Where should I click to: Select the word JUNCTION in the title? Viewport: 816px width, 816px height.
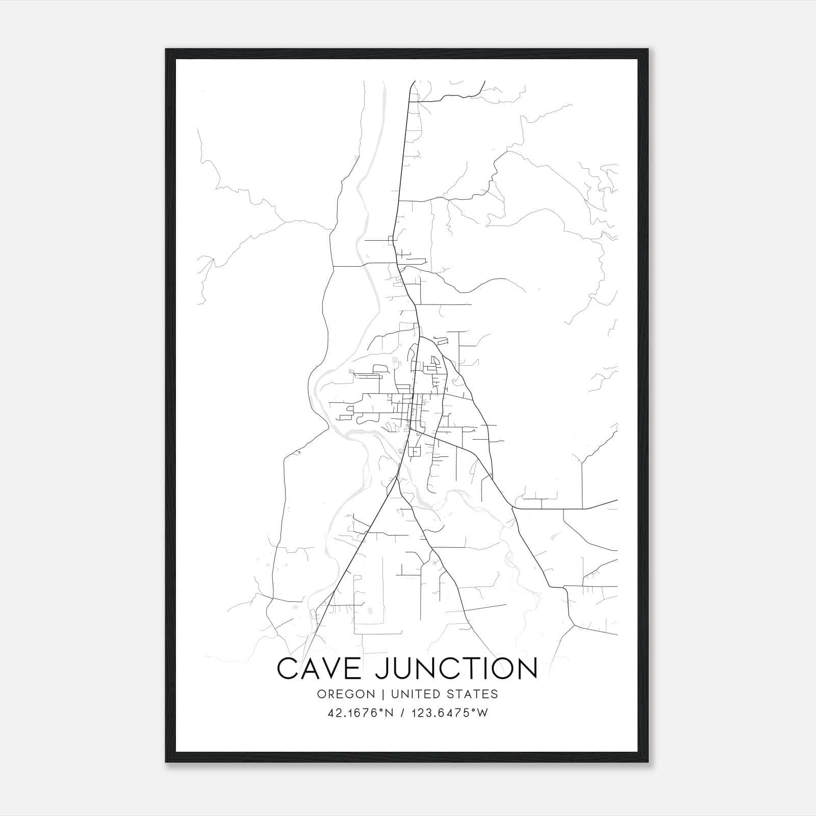coord(456,669)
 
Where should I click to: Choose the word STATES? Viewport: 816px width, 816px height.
coord(474,694)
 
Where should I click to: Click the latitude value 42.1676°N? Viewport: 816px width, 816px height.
coord(360,713)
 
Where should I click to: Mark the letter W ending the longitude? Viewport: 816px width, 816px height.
coord(482,713)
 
